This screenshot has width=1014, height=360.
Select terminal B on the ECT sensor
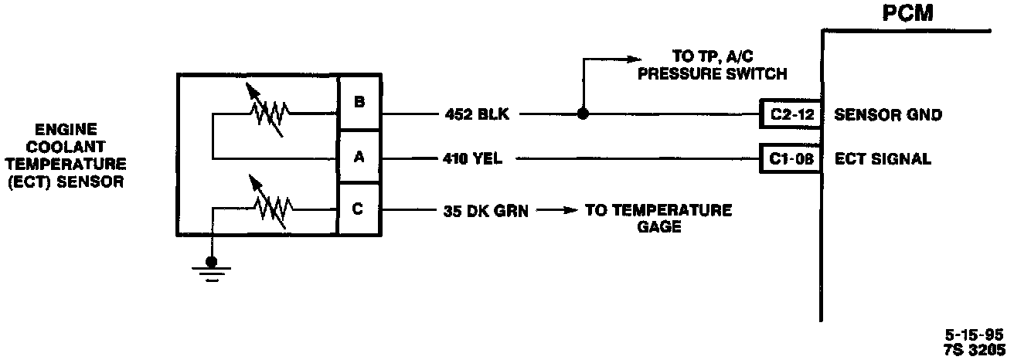click(x=359, y=100)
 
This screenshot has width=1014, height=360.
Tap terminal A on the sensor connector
click(x=359, y=158)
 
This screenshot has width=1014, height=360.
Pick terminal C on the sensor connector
click(x=359, y=209)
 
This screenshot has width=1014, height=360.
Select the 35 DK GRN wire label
click(x=486, y=209)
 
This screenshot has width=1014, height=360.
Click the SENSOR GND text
click(x=889, y=115)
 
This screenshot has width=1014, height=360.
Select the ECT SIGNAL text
click(x=883, y=160)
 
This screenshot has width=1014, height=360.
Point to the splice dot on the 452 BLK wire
click(x=583, y=115)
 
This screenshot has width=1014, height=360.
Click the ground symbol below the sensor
click(x=211, y=270)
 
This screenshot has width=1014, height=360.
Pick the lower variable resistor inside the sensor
click(x=267, y=207)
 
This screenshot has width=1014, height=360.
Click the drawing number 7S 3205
click(x=973, y=348)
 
